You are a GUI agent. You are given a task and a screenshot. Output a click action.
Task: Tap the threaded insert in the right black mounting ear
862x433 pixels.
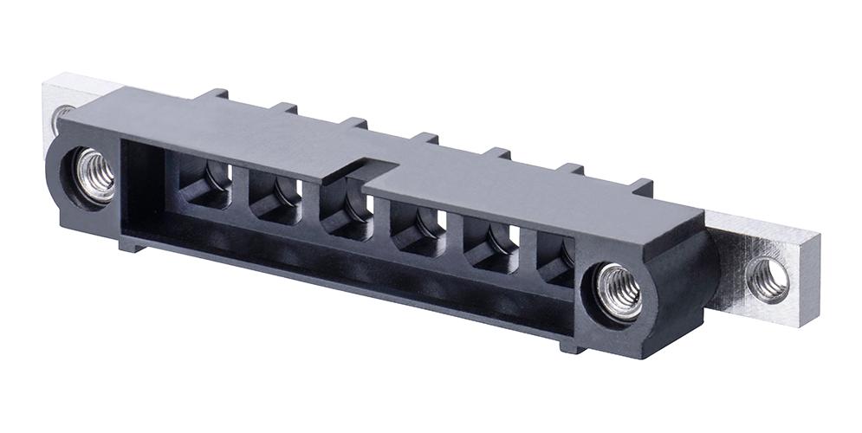pos(619,292)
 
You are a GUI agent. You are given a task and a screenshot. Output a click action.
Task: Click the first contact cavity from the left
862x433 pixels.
pos(206,185)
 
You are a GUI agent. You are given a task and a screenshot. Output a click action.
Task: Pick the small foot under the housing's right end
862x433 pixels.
pos(573,346)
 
